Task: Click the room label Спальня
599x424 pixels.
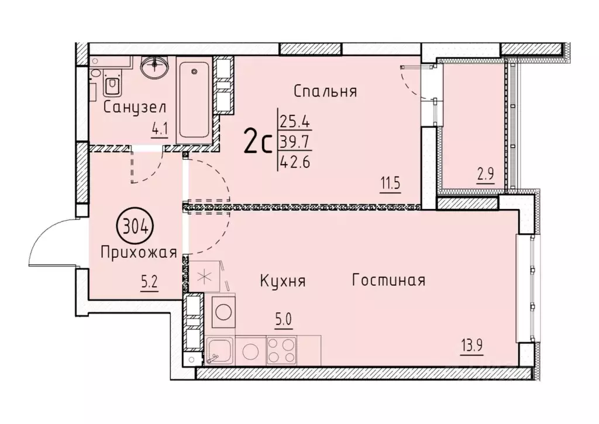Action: click(x=325, y=91)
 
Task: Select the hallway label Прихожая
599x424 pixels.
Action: click(x=139, y=253)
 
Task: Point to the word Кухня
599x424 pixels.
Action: click(x=283, y=281)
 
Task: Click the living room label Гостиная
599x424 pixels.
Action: click(x=388, y=280)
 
